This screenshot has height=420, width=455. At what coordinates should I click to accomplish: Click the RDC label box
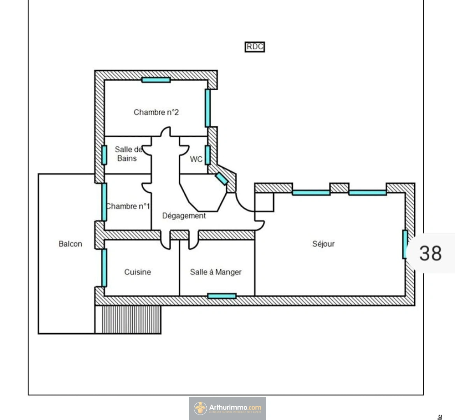click(x=255, y=47)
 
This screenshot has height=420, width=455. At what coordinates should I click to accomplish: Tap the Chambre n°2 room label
click(x=156, y=112)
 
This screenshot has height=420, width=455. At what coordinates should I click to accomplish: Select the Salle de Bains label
click(x=127, y=154)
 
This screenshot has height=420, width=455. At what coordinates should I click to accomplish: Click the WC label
click(x=196, y=159)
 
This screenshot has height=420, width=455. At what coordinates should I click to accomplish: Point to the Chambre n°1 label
click(x=128, y=206)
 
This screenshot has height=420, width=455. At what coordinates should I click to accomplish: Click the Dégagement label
click(x=184, y=215)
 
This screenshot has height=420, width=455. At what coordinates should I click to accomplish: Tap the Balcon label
click(x=70, y=244)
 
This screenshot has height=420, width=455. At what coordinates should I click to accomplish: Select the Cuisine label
click(x=137, y=272)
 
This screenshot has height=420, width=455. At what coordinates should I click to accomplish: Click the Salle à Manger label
click(x=216, y=272)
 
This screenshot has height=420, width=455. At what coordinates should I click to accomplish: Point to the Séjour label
click(x=323, y=244)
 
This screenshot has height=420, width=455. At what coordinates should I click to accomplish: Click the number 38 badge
click(x=430, y=253)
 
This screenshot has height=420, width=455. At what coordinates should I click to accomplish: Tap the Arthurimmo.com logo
click(x=227, y=408)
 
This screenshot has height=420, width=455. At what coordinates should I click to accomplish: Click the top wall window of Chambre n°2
click(x=156, y=80)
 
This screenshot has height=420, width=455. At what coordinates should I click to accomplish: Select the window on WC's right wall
click(x=207, y=155)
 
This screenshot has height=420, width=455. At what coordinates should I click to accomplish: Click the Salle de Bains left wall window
click(x=104, y=155)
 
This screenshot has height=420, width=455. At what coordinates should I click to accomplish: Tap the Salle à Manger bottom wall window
click(x=222, y=296)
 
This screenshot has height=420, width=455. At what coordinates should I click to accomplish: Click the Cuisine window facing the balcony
click(x=104, y=268)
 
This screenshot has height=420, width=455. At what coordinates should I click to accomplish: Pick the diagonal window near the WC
click(x=222, y=178)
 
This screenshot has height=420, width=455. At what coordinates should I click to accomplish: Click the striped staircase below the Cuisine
click(x=131, y=319)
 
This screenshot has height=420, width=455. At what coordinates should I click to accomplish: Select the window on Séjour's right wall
click(x=405, y=244)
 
